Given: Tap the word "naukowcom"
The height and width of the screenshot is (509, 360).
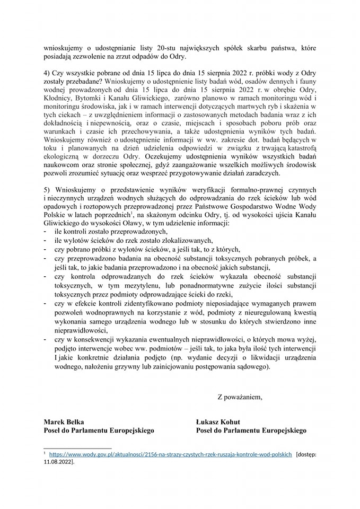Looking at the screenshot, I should [x=62, y=165].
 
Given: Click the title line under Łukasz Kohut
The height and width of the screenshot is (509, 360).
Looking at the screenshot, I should [x=251, y=431].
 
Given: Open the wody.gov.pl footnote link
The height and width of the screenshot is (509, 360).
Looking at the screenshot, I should [x=170, y=454].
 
